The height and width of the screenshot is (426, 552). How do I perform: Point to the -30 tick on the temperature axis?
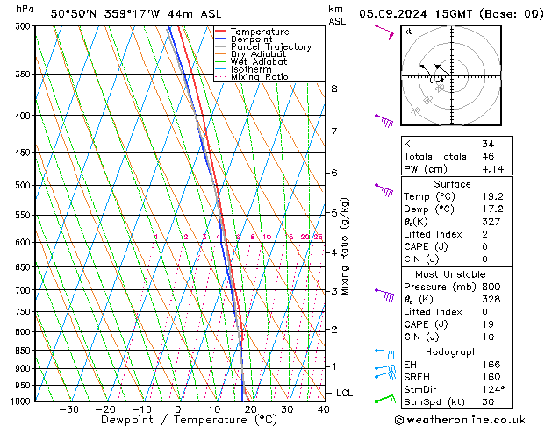click(x=68, y=409)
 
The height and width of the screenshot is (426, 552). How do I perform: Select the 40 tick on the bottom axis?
click(x=323, y=409)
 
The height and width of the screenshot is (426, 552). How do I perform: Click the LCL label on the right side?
click(x=345, y=394)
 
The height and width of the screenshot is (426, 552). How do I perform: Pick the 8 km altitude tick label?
click(x=333, y=89)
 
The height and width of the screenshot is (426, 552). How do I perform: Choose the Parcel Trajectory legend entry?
click(x=270, y=47)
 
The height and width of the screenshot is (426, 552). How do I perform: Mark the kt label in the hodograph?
click(x=407, y=31)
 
